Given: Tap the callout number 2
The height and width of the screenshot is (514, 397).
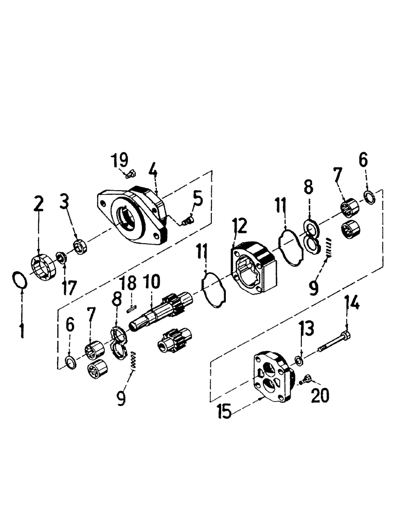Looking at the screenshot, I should (39, 204).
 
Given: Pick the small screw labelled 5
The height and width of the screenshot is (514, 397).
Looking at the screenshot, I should (187, 221).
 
